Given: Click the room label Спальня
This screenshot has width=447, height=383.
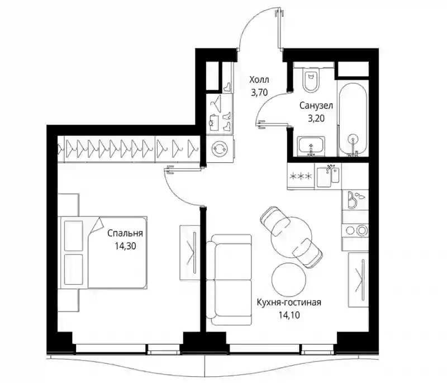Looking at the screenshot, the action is point(125,233).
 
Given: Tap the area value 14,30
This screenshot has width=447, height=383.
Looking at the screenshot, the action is point(125,246).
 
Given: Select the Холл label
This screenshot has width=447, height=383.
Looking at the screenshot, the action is point(259,79).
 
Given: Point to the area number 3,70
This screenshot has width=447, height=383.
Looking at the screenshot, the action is point(259,92).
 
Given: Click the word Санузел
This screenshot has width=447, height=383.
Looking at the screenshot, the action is point(316,106).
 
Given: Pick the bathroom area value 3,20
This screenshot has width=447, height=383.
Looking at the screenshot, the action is point(316,118).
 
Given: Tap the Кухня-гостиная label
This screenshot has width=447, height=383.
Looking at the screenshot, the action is point(289,302).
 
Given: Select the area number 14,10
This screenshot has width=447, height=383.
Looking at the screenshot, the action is point(289,315).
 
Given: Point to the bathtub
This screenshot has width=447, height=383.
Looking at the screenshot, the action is point(353,119).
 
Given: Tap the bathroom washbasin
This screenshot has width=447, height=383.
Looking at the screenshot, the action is point(311,146).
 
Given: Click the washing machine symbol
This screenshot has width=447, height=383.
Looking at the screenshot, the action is point(220,149).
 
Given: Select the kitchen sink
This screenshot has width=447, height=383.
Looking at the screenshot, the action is point(328,176).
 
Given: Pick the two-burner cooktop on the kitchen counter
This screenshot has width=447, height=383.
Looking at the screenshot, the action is point(355,230).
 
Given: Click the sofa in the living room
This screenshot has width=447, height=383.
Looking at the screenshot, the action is point(229,280).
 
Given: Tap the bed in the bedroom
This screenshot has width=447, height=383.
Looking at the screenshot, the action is point(103,252).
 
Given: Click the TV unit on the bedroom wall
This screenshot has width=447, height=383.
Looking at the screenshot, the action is point(189,252).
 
